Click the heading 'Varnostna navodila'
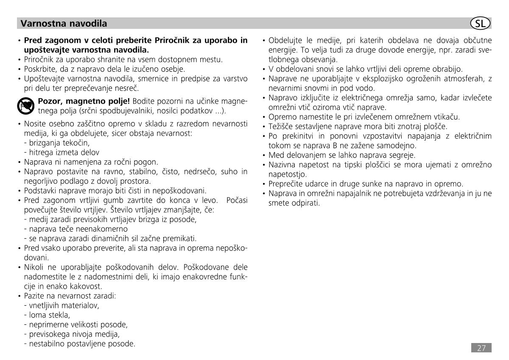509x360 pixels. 64,23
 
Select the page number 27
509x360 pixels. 481,348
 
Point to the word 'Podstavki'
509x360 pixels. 39,191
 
